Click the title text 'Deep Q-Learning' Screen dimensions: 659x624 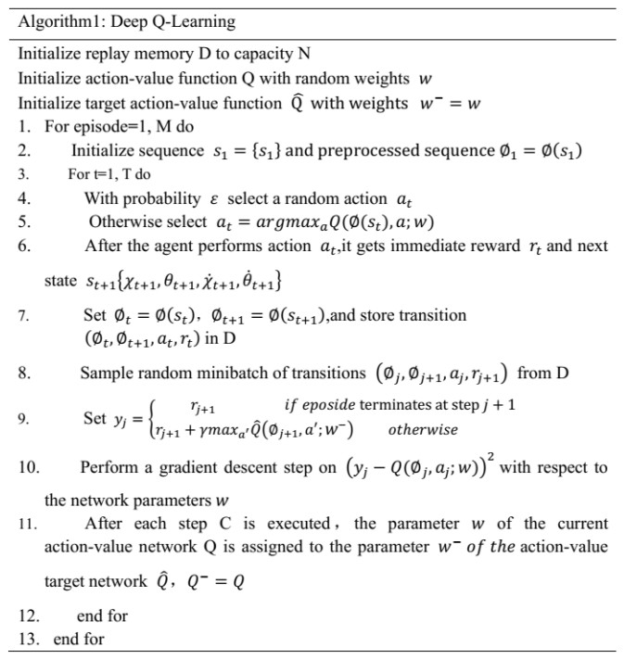[x=176, y=21]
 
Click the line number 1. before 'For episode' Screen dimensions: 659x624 [x=26, y=125]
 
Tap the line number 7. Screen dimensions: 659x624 [x=25, y=316]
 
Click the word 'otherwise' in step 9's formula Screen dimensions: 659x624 [x=423, y=429]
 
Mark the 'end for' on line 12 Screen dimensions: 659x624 [x=102, y=615]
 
